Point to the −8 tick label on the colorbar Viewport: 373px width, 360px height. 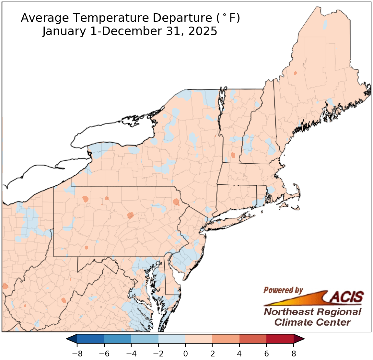(x=77, y=353)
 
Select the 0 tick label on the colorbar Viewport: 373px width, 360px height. (x=185, y=353)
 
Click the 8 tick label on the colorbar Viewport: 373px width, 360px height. (x=294, y=353)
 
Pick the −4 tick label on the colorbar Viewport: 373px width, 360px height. (x=131, y=353)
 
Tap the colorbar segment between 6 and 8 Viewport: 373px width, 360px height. (x=280, y=339)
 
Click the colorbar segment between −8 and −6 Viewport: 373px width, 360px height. (x=91, y=339)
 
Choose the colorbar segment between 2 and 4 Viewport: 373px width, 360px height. (x=226, y=339)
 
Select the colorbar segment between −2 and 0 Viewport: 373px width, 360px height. (x=172, y=339)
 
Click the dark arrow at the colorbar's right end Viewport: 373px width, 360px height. (x=298, y=339)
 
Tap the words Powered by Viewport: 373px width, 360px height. (x=283, y=290)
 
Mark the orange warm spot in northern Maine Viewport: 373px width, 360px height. (x=295, y=73)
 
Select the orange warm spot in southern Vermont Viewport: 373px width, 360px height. (x=233, y=155)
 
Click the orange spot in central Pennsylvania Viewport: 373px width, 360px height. (x=130, y=215)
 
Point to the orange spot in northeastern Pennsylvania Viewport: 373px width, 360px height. (x=176, y=202)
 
